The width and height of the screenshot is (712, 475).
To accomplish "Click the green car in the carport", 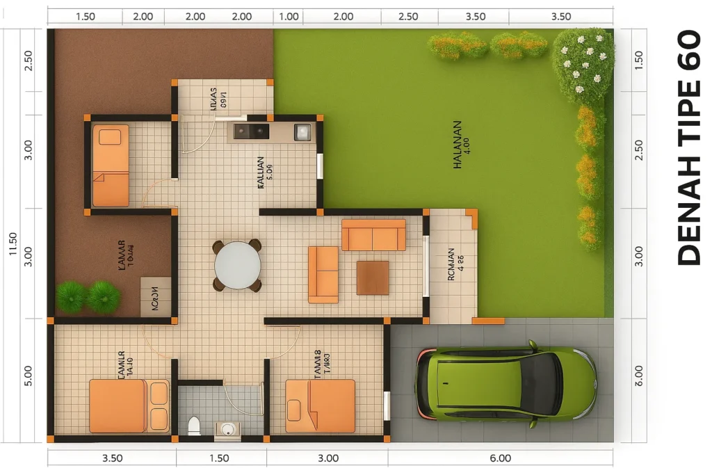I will [x=505, y=384].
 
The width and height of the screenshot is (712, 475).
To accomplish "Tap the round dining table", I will [x=237, y=265].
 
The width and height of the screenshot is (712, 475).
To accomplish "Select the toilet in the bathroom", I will [x=194, y=426].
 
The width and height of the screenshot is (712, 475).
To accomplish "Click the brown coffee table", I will [x=373, y=277].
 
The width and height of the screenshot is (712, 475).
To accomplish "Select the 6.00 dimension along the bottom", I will [x=500, y=458].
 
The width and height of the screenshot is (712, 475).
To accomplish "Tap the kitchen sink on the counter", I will [x=302, y=131].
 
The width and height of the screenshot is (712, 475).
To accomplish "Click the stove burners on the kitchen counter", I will [x=251, y=131].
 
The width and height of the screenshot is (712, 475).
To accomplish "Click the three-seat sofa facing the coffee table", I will [x=373, y=235].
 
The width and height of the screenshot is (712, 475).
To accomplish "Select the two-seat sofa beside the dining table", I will [x=323, y=274].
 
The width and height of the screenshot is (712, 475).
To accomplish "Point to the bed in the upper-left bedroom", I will [x=111, y=166].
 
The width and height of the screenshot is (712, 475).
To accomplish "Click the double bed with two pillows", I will [x=129, y=405].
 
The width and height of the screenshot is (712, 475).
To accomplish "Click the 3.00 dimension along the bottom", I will [x=327, y=458].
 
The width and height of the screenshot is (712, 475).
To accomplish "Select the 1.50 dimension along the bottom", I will [x=219, y=458].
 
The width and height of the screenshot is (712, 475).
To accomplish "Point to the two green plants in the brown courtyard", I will [x=88, y=296].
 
